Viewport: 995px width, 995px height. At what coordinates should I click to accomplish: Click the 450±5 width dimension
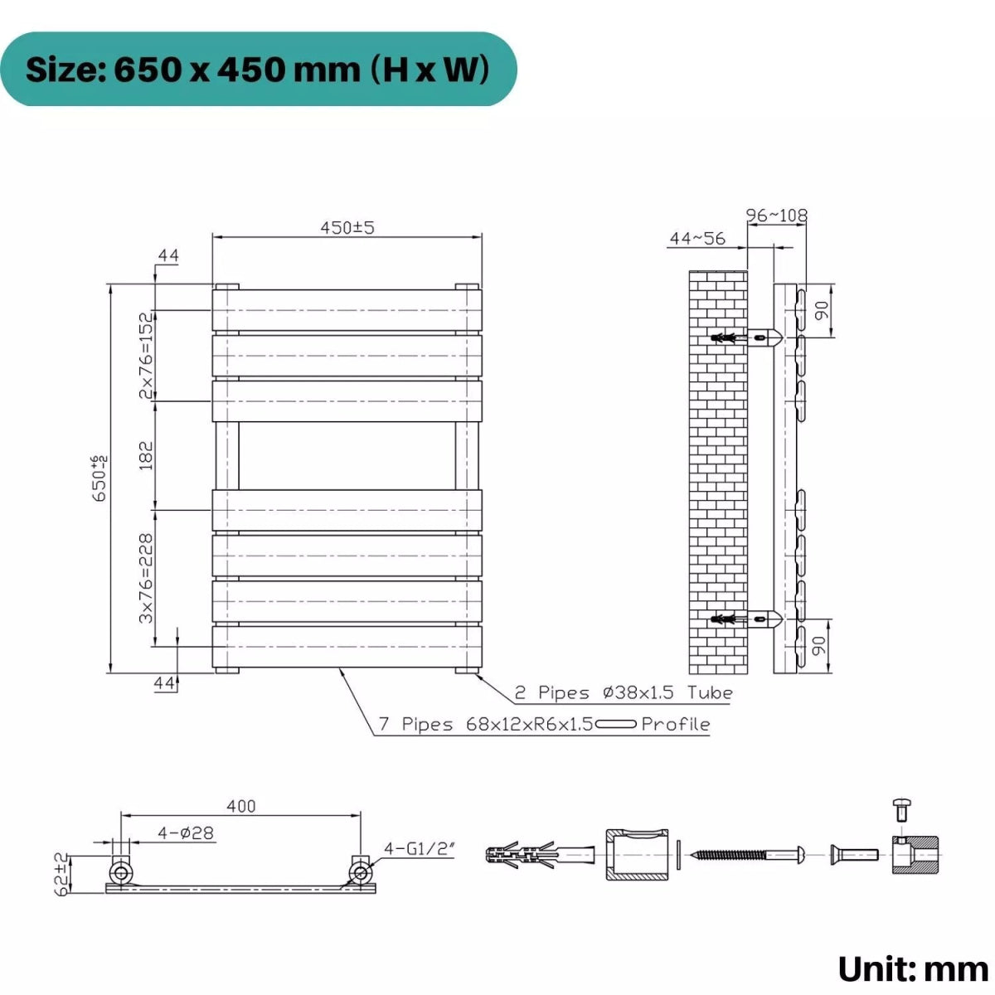tap(347, 227)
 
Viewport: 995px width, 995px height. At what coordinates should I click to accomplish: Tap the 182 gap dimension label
tap(147, 455)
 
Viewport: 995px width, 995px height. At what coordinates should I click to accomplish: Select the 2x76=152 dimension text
tap(147, 355)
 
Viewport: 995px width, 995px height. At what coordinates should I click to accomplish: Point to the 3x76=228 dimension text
tap(147, 578)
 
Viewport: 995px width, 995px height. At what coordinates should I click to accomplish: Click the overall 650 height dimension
tap(99, 478)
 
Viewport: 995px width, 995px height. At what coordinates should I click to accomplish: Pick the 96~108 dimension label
tap(777, 215)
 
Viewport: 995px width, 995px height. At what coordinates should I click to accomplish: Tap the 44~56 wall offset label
tap(697, 238)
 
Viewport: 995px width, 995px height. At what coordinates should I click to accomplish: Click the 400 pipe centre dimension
tap(240, 805)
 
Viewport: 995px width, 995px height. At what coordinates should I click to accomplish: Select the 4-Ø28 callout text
tap(186, 832)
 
